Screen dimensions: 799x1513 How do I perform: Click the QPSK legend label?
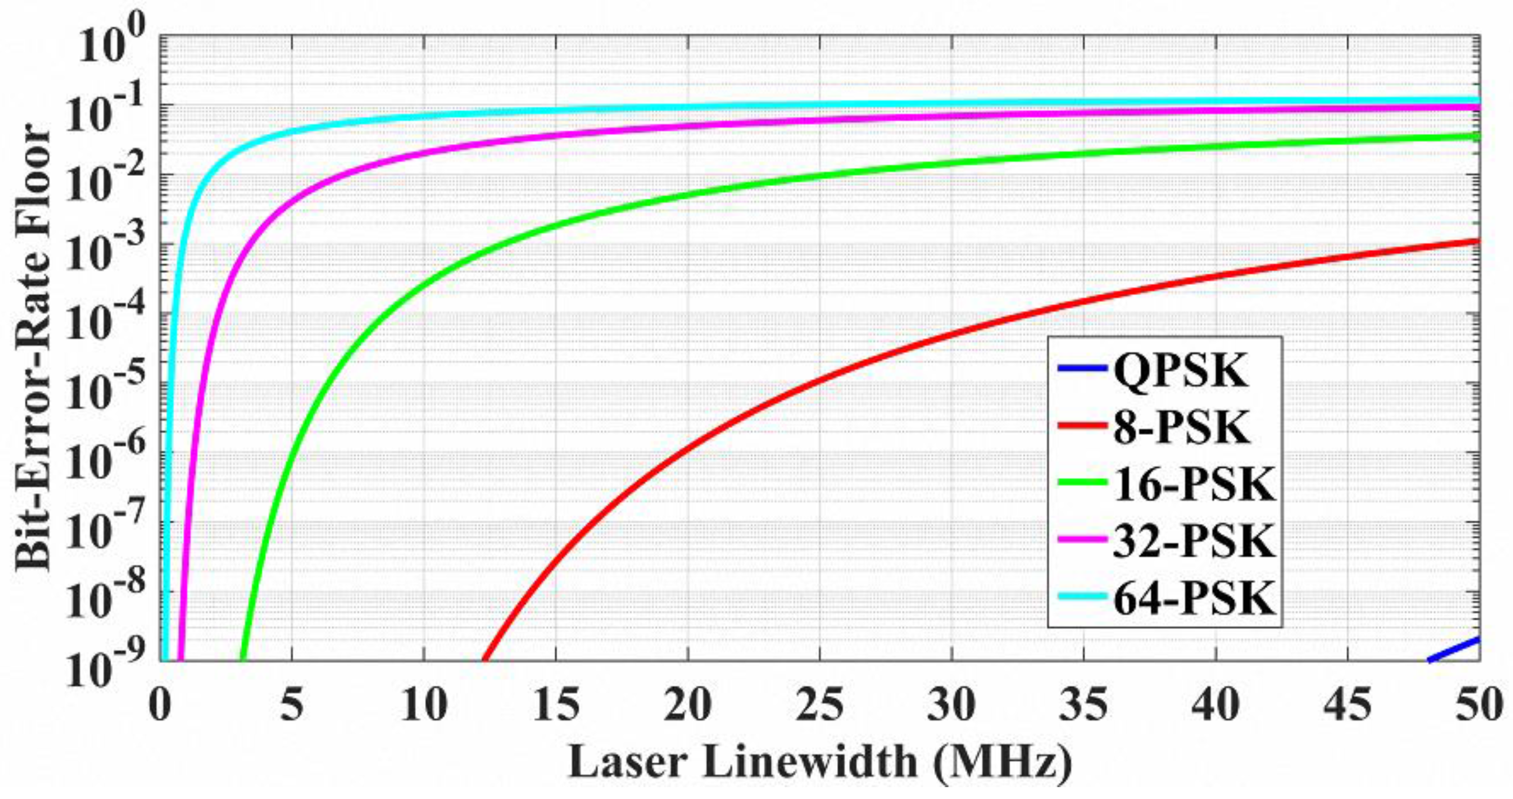(1181, 371)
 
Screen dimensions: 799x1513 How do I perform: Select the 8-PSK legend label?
(1181, 428)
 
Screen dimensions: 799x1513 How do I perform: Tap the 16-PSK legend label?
(1194, 484)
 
